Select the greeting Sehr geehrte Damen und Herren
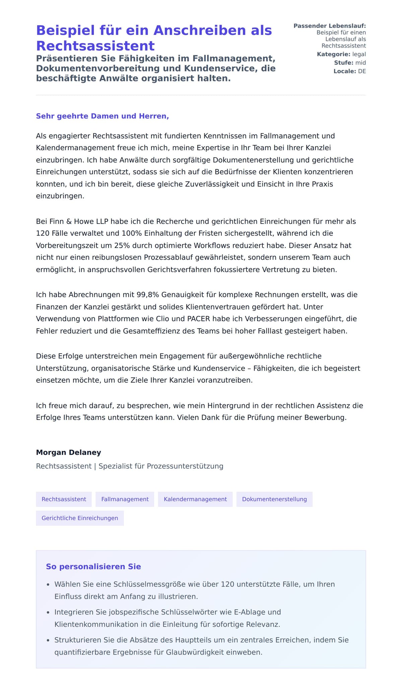click(x=102, y=116)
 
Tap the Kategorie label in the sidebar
click(x=333, y=54)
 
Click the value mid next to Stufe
click(x=360, y=63)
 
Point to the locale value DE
click(x=362, y=71)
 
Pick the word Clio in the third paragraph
click(x=162, y=319)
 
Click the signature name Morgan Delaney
click(x=68, y=452)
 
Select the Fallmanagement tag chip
click(x=125, y=499)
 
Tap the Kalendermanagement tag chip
click(x=195, y=499)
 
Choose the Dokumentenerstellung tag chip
click(x=274, y=499)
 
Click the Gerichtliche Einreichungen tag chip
click(x=80, y=518)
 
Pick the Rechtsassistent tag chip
click(x=64, y=499)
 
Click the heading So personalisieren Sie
click(x=93, y=567)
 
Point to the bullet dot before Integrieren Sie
click(x=48, y=613)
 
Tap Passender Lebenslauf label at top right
click(x=329, y=26)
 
